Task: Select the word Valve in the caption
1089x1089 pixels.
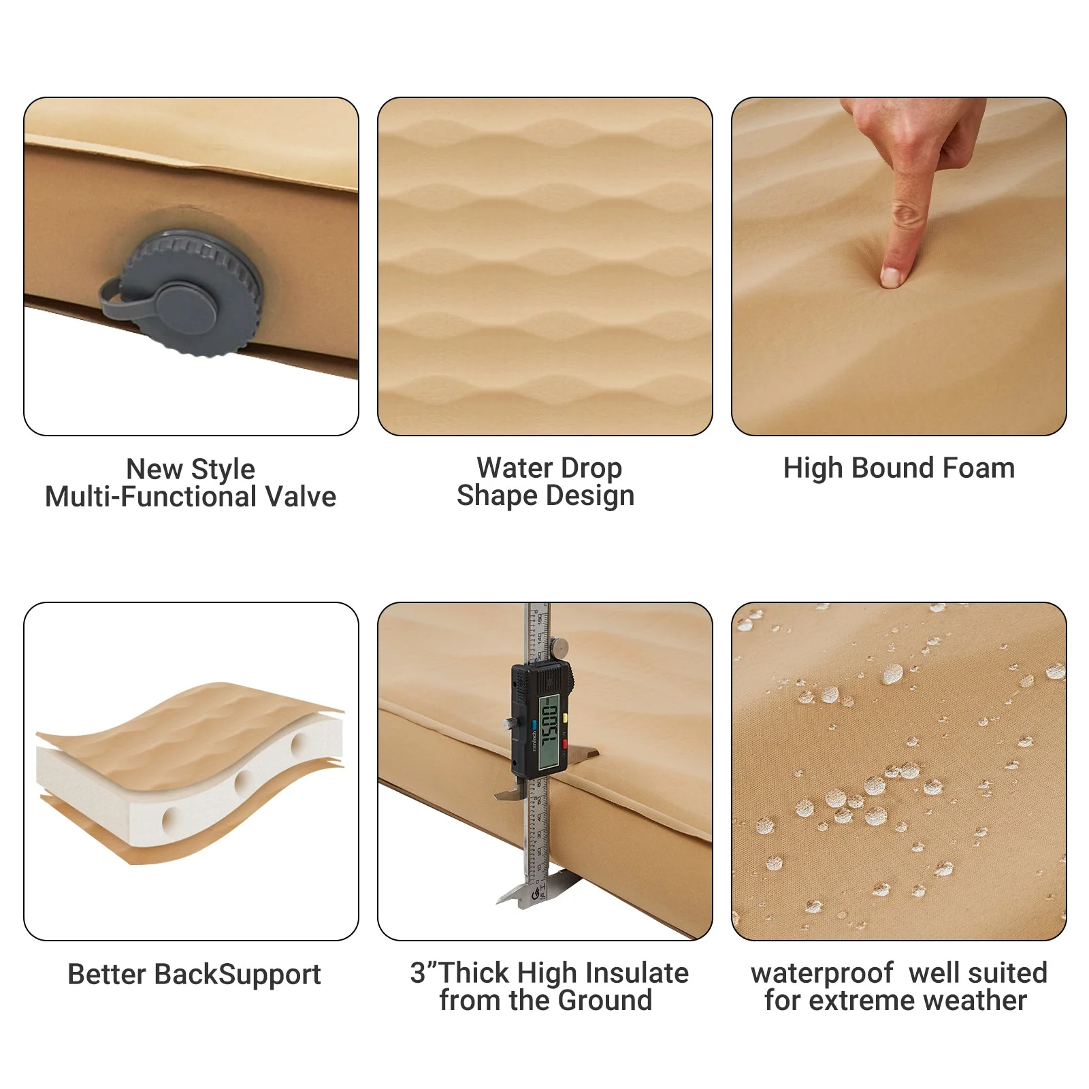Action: [x=300, y=497]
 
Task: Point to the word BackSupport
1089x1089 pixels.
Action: [x=237, y=975]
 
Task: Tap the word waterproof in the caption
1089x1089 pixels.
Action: [x=822, y=973]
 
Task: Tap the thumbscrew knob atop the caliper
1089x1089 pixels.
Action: [x=560, y=647]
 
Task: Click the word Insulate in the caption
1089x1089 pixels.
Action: [x=636, y=973]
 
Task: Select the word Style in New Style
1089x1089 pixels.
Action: [x=223, y=470]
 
